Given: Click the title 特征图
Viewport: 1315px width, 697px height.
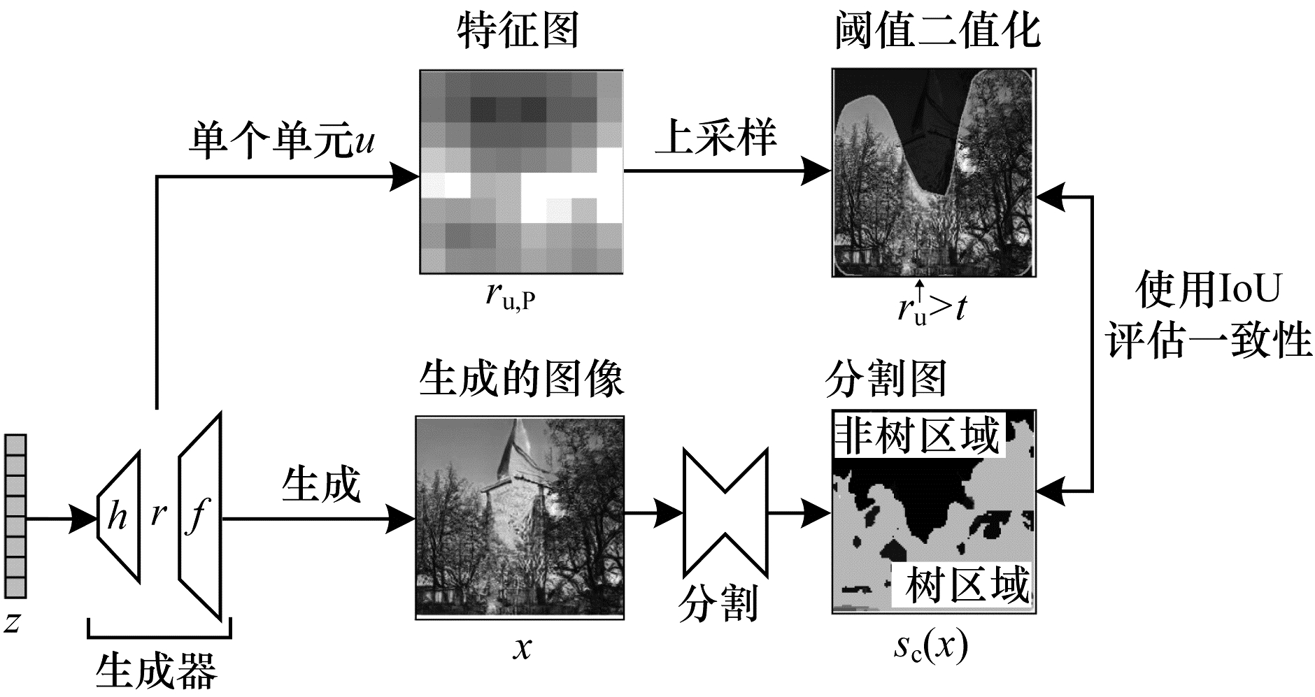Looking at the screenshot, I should (x=518, y=31).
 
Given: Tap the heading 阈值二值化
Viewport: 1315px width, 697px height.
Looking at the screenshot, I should (x=937, y=31).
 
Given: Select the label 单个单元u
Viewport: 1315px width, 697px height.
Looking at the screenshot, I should (x=281, y=142).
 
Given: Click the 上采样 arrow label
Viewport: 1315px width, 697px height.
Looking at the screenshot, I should (x=715, y=136).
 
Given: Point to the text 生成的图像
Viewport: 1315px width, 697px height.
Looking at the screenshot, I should (x=521, y=380).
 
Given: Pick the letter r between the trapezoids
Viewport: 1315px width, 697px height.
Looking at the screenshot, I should (x=159, y=514).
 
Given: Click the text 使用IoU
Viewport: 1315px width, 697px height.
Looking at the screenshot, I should (x=1208, y=289).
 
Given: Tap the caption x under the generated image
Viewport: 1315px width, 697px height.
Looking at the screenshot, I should (x=522, y=649).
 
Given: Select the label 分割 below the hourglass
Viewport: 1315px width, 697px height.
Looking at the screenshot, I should (x=718, y=603).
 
